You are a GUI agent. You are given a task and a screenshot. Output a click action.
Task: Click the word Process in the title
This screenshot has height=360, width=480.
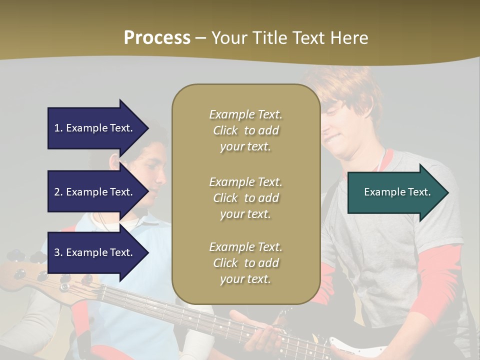(157, 37)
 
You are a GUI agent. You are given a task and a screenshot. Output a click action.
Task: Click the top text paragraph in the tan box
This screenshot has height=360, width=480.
(245, 130)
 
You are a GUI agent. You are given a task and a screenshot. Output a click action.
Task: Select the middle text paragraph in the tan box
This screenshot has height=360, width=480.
(245, 198)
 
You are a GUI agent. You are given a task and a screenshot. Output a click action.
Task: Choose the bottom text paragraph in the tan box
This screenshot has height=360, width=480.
(245, 263)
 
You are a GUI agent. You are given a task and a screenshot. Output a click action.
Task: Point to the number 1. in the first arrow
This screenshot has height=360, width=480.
(58, 128)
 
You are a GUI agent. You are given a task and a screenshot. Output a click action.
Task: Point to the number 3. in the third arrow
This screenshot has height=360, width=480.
(58, 252)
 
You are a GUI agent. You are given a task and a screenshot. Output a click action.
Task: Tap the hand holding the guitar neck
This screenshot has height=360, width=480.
(255, 330)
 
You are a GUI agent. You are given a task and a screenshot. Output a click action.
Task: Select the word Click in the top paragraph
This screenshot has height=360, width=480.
(225, 130)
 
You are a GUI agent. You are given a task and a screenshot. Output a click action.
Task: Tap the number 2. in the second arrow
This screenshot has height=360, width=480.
(58, 192)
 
